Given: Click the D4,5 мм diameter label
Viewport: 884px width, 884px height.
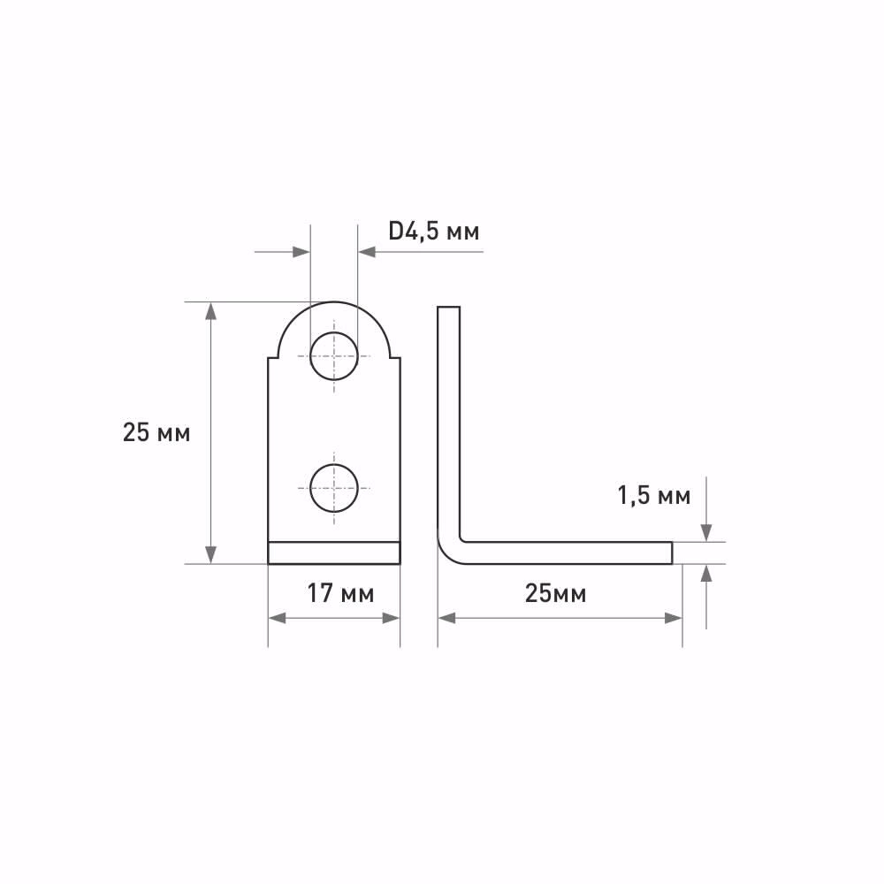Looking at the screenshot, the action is [433, 231].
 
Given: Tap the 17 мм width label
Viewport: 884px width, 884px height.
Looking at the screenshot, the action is [340, 594].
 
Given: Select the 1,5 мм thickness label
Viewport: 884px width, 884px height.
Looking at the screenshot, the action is [653, 496].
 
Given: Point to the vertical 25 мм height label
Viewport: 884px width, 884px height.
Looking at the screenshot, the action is [156, 432].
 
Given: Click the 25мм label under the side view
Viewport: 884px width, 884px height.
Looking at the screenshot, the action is [555, 594].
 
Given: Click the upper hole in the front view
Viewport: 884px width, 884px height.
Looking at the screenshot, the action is [334, 356].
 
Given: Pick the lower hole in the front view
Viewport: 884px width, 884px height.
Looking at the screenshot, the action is [334, 488].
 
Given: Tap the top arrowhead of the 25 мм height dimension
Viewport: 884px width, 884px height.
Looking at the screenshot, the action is [211, 310].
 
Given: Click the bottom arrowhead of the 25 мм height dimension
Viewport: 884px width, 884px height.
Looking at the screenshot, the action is [211, 555].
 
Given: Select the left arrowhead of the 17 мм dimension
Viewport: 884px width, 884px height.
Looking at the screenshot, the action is [277, 618].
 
